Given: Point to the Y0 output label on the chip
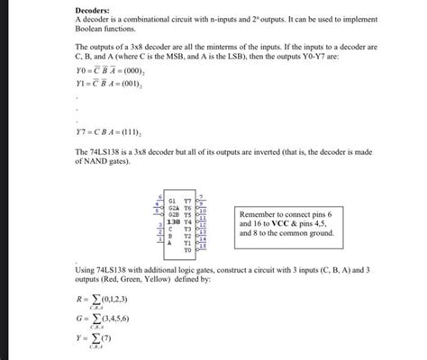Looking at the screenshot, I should pos(187,249).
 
